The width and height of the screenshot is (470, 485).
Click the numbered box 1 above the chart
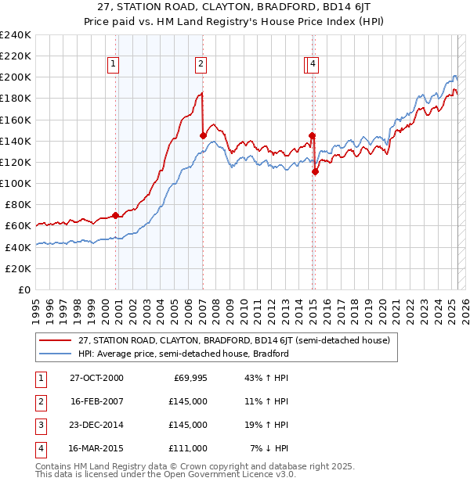[114, 64]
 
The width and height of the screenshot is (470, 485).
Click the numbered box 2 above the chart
[201, 64]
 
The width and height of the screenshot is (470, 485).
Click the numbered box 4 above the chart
[313, 64]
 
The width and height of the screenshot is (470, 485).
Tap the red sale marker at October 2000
[116, 215]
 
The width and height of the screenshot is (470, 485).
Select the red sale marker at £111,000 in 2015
[315, 172]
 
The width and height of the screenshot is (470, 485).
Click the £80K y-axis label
[18, 204]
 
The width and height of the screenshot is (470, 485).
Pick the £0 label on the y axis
[24, 289]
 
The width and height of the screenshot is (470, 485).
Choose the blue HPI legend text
[183, 354]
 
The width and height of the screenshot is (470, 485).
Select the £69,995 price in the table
[188, 378]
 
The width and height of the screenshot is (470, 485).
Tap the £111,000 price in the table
[188, 448]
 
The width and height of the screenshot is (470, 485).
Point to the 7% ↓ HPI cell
[269, 448]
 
